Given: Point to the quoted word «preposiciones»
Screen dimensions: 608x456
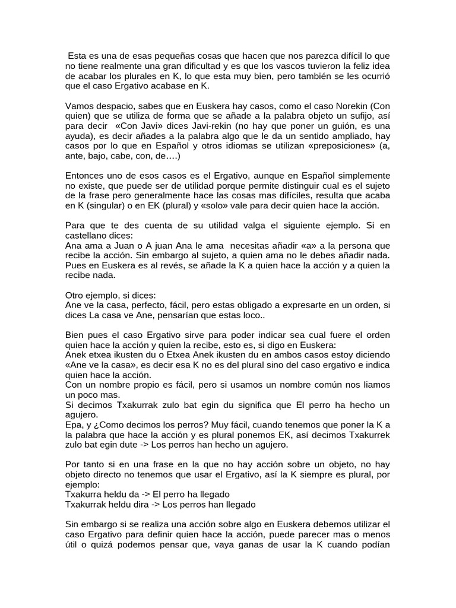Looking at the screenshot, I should point(316,146).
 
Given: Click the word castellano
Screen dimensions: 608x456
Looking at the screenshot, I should point(88,236).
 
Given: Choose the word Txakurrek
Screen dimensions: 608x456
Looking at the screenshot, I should point(368,435).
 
